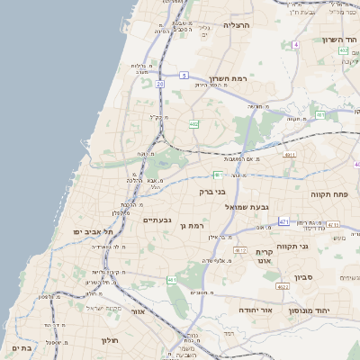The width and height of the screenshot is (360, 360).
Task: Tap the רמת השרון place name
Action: [229, 79]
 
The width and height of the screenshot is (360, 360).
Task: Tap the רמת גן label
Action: [193, 226]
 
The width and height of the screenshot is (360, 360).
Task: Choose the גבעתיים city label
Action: [157, 220]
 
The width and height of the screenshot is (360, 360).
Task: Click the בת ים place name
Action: [22, 346]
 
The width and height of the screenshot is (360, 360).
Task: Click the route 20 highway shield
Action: [159, 84]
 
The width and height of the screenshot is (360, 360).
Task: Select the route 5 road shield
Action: [184, 76]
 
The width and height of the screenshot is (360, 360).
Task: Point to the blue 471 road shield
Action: [284, 221]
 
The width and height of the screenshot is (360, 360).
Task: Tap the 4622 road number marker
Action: [283, 287]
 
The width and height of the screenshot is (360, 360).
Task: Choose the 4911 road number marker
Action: [290, 155]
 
